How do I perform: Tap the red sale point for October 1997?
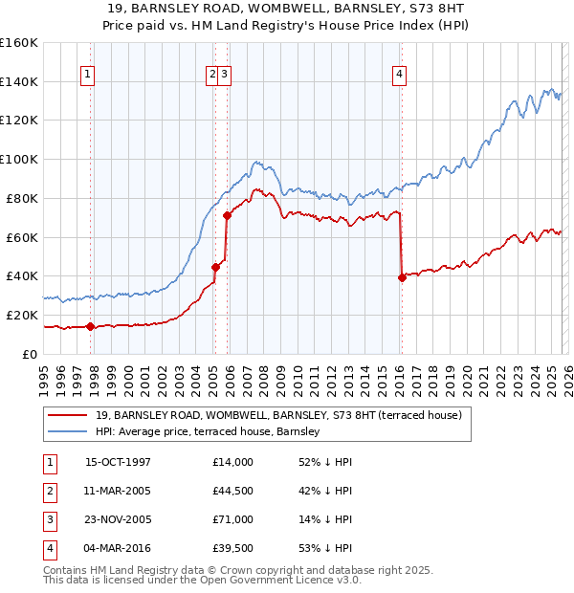[x=90, y=326]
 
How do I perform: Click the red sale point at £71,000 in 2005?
[x=227, y=215]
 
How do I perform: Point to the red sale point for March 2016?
[x=401, y=277]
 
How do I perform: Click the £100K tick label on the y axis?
[x=19, y=159]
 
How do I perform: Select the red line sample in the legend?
[x=67, y=415]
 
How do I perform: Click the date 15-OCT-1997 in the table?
[x=118, y=462]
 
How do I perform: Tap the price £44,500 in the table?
[x=233, y=491]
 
